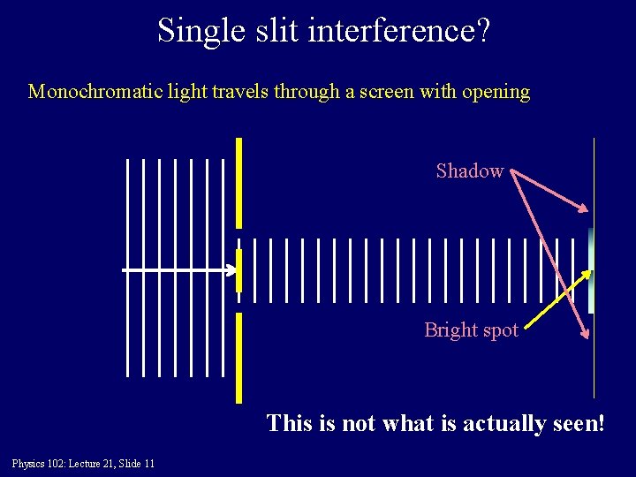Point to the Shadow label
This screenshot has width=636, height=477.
click(469, 170)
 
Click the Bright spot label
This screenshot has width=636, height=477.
click(471, 329)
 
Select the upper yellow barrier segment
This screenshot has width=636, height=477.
click(238, 182)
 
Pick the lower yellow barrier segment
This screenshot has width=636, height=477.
click(238, 357)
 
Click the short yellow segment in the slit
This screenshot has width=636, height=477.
click(238, 270)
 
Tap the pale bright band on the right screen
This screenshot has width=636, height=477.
click(591, 269)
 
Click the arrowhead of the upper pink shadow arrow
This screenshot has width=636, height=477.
click(584, 209)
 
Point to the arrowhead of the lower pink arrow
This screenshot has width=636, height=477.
click(584, 334)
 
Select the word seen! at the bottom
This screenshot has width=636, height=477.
click(579, 423)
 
